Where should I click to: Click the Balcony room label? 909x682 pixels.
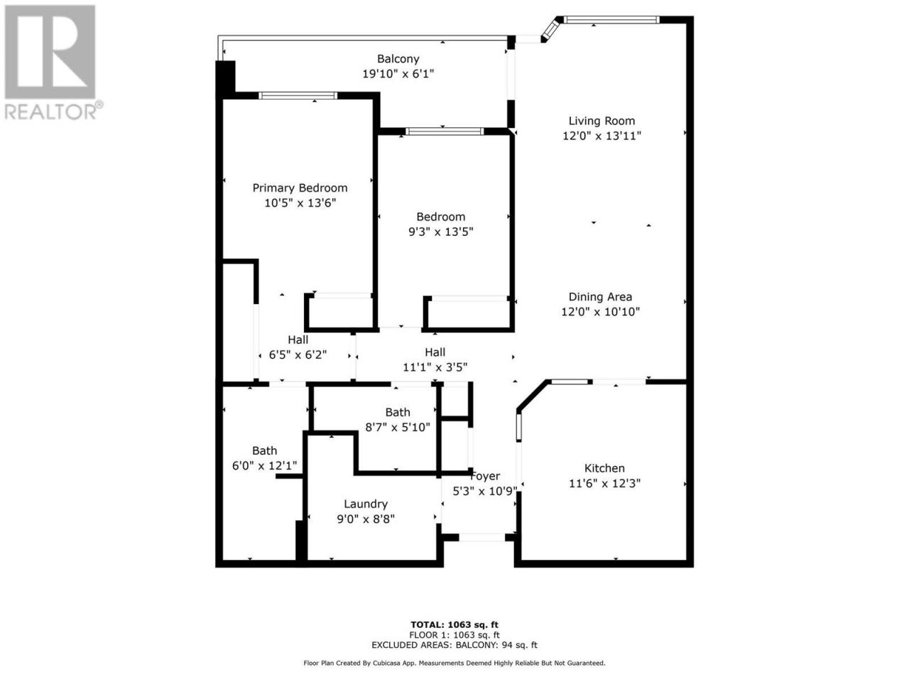398,59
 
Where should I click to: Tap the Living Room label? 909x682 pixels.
602,121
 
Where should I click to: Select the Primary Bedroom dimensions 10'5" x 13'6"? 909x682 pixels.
300,203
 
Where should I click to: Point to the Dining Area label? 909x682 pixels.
600,297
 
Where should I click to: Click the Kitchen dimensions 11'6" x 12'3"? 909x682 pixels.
604,483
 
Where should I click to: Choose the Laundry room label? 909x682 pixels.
366,504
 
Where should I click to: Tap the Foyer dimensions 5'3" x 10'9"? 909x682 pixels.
485,491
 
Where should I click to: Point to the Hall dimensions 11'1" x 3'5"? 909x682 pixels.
435,367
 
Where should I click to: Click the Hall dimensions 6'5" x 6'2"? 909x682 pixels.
298,355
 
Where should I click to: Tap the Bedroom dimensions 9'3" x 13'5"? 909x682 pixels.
440,232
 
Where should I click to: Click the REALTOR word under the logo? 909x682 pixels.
50,112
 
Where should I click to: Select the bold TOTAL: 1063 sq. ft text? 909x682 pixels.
454,624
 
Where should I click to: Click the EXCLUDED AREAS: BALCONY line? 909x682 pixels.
454,645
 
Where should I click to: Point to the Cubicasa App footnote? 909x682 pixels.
454,663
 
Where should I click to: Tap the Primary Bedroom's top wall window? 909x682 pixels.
298,96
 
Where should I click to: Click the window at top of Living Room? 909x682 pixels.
611,19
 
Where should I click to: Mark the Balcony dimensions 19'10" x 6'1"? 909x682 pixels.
398,74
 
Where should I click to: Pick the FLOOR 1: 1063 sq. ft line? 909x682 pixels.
454,635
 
